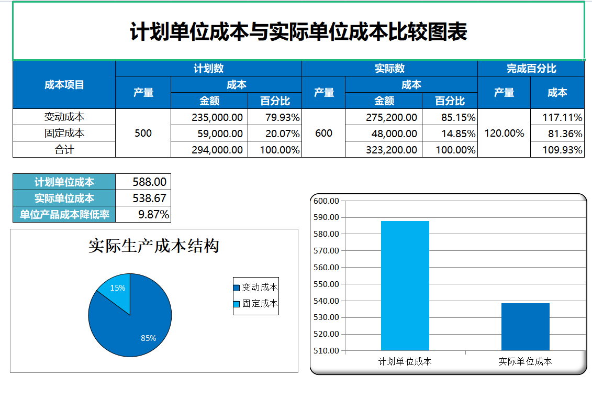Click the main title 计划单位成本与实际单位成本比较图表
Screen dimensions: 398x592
298,32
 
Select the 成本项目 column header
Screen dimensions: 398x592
64,85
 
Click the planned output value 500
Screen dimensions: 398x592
143,134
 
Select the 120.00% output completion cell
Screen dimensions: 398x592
504,134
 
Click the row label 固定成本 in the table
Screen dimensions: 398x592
64,134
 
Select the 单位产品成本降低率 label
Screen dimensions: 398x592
64,214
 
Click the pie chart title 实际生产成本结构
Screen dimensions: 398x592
153,246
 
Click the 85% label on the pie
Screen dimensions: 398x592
148,338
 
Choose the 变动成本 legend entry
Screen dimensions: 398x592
256,288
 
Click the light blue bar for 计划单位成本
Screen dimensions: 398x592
405,285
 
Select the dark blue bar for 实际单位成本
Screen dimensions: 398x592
525,327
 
